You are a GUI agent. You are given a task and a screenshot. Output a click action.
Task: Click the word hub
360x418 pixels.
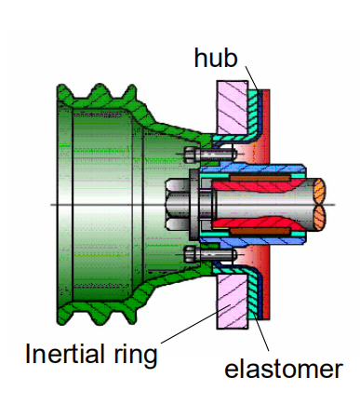pyautogui.click(x=216, y=58)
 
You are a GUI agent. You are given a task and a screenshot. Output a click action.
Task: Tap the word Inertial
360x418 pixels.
pyautogui.click(x=65, y=354)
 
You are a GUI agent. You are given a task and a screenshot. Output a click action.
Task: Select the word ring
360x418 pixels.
pyautogui.click(x=136, y=357)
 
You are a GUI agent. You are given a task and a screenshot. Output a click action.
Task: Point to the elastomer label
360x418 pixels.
pyautogui.click(x=284, y=369)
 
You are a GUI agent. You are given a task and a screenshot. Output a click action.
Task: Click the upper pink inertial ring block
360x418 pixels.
pyautogui.click(x=232, y=107)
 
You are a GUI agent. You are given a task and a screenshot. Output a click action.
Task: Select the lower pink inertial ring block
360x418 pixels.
pyautogui.click(x=232, y=302)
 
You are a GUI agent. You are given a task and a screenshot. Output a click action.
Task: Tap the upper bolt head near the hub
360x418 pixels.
pyautogui.click(x=190, y=155)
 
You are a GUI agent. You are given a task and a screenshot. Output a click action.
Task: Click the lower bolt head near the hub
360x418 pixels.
pyautogui.click(x=190, y=254)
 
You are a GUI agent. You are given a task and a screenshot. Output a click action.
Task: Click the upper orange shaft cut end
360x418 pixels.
pyautogui.click(x=319, y=191)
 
